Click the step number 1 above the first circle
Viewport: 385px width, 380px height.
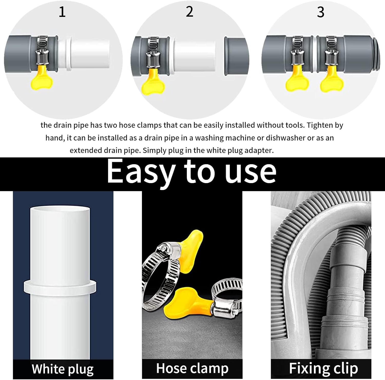(62, 12)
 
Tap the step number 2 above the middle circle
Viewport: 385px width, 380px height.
(189, 12)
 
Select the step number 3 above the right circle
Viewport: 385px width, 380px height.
(321, 12)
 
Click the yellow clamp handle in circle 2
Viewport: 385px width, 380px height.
(152, 84)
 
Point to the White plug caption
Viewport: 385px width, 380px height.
(63, 369)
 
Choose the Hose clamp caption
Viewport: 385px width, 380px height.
(192, 368)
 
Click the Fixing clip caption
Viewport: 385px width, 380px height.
(323, 368)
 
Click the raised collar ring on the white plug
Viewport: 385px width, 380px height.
(60, 286)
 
